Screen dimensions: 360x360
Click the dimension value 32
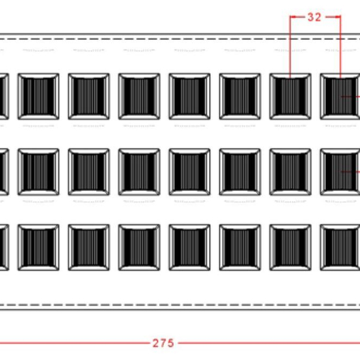pyautogui.click(x=314, y=17)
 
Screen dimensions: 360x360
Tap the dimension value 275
pyautogui.click(x=163, y=343)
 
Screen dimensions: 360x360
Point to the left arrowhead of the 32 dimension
pyautogui.click(x=293, y=16)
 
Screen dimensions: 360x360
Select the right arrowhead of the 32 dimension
pyautogui.click(x=337, y=16)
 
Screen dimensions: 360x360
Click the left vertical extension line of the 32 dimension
pyautogui.click(x=290, y=47)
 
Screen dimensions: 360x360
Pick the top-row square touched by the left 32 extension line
pyautogui.click(x=290, y=97)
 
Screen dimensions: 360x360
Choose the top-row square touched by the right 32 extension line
pyautogui.click(x=340, y=97)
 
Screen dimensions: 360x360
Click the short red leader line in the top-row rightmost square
pyautogui.click(x=351, y=97)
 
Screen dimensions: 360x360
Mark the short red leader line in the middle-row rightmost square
pyautogui.click(x=351, y=172)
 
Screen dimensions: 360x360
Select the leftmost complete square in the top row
pyautogui.click(x=39, y=97)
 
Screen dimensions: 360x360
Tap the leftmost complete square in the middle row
pyautogui.click(x=39, y=172)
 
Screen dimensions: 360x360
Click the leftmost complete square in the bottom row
pyautogui.click(x=39, y=248)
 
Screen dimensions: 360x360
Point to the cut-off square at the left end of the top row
pyautogui.click(x=4, y=97)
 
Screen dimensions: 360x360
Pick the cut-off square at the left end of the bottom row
pyautogui.click(x=4, y=248)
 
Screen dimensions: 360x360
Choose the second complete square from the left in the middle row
pyautogui.click(x=88, y=172)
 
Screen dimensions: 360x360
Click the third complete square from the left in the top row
pyautogui.click(x=139, y=97)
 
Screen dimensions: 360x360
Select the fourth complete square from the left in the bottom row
pyautogui.click(x=189, y=248)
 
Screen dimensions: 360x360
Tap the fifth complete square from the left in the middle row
pyautogui.click(x=240, y=172)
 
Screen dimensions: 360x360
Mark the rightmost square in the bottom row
pyautogui.click(x=340, y=248)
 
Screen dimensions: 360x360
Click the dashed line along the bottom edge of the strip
pyautogui.click(x=180, y=305)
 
